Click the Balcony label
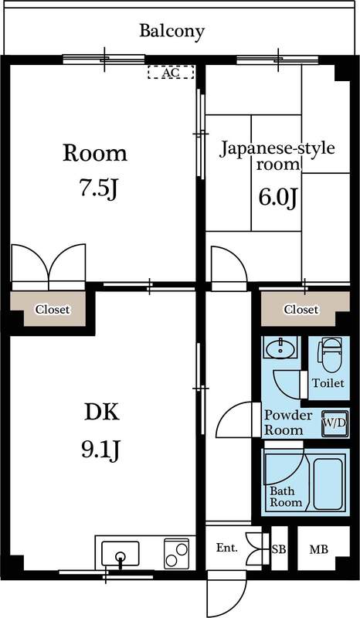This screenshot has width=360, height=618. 172,32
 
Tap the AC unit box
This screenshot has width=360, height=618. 171,73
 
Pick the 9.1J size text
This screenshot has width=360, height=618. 101,449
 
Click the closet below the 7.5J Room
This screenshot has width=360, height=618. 52,309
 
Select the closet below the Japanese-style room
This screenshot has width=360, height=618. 301,309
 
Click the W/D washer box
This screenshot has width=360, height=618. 335,423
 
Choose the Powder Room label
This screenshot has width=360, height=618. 288,423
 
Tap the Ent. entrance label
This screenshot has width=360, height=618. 226,548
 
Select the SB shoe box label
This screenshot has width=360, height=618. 277,549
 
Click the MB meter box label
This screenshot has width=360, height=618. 318,550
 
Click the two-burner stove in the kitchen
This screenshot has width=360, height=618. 175,553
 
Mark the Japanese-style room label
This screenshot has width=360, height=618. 277,155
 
